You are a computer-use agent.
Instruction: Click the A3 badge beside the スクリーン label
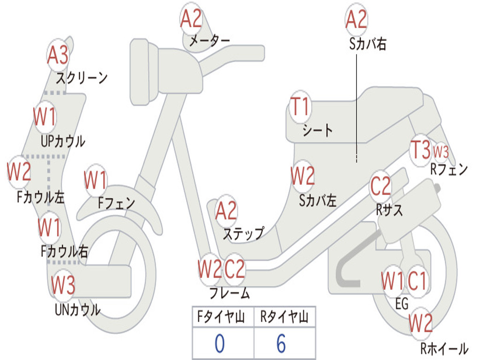pyautogui.click(x=58, y=55)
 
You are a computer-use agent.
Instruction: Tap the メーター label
pyautogui.click(x=209, y=41)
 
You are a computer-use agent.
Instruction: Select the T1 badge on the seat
pyautogui.click(x=300, y=107)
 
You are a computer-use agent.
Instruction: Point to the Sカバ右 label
pyautogui.click(x=367, y=44)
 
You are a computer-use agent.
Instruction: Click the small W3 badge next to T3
pyautogui.click(x=441, y=151)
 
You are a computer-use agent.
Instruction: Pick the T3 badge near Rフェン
pyautogui.click(x=420, y=150)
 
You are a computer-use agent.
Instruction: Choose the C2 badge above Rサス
pyautogui.click(x=380, y=187)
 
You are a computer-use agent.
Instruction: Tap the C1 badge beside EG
pyautogui.click(x=417, y=281)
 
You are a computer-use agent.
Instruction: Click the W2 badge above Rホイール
pyautogui.click(x=420, y=323)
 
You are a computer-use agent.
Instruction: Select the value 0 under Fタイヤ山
pyautogui.click(x=219, y=344)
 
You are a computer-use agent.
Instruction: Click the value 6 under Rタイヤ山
pyautogui.click(x=281, y=344)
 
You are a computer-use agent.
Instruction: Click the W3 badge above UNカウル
pyautogui.click(x=63, y=285)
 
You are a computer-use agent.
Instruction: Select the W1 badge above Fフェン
pyautogui.click(x=96, y=180)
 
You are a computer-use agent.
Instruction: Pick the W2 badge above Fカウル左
pyautogui.click(x=19, y=172)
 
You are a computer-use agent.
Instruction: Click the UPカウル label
pyautogui.click(x=63, y=141)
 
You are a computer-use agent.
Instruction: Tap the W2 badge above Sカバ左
pyautogui.click(x=302, y=177)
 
